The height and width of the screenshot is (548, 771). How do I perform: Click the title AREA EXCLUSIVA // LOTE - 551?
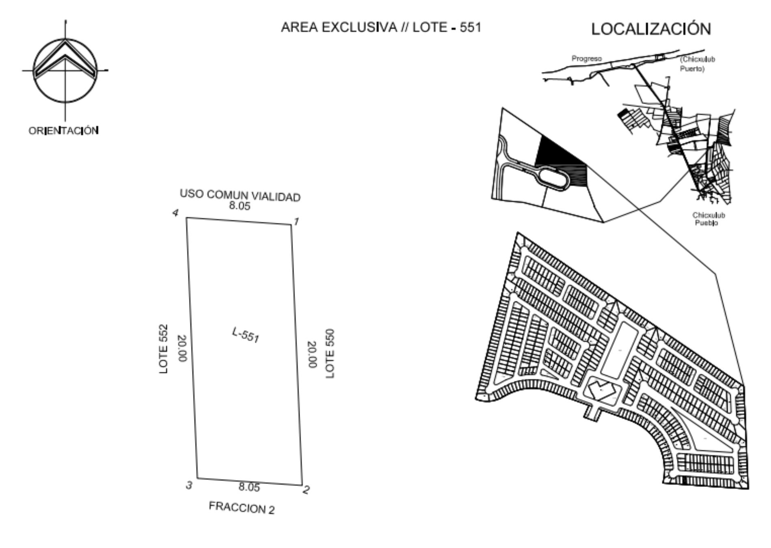(381, 27)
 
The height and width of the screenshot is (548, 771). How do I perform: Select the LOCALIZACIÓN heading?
(651, 29)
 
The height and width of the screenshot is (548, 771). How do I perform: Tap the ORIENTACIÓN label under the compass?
(64, 131)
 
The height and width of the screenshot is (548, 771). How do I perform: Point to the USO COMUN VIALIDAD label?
(240, 195)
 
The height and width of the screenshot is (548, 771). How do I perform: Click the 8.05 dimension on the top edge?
(239, 206)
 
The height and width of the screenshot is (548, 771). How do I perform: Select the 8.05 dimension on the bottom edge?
(249, 487)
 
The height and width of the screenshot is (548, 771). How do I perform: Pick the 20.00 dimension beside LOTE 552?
(182, 349)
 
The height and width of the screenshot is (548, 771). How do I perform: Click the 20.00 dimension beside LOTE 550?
(312, 354)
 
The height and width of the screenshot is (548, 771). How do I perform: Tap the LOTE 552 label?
(163, 349)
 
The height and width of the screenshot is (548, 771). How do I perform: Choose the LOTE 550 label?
(330, 354)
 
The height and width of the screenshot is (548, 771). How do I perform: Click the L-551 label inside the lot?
(246, 335)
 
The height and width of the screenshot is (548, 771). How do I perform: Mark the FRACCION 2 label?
(242, 508)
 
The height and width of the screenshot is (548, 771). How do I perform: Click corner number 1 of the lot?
(296, 222)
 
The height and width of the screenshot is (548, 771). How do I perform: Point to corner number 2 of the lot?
(306, 490)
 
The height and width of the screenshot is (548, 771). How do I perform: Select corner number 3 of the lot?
(189, 485)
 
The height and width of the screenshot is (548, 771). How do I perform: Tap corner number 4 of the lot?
(175, 213)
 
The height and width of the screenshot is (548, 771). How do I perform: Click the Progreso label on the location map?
(587, 59)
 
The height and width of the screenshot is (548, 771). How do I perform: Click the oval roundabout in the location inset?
(551, 179)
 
